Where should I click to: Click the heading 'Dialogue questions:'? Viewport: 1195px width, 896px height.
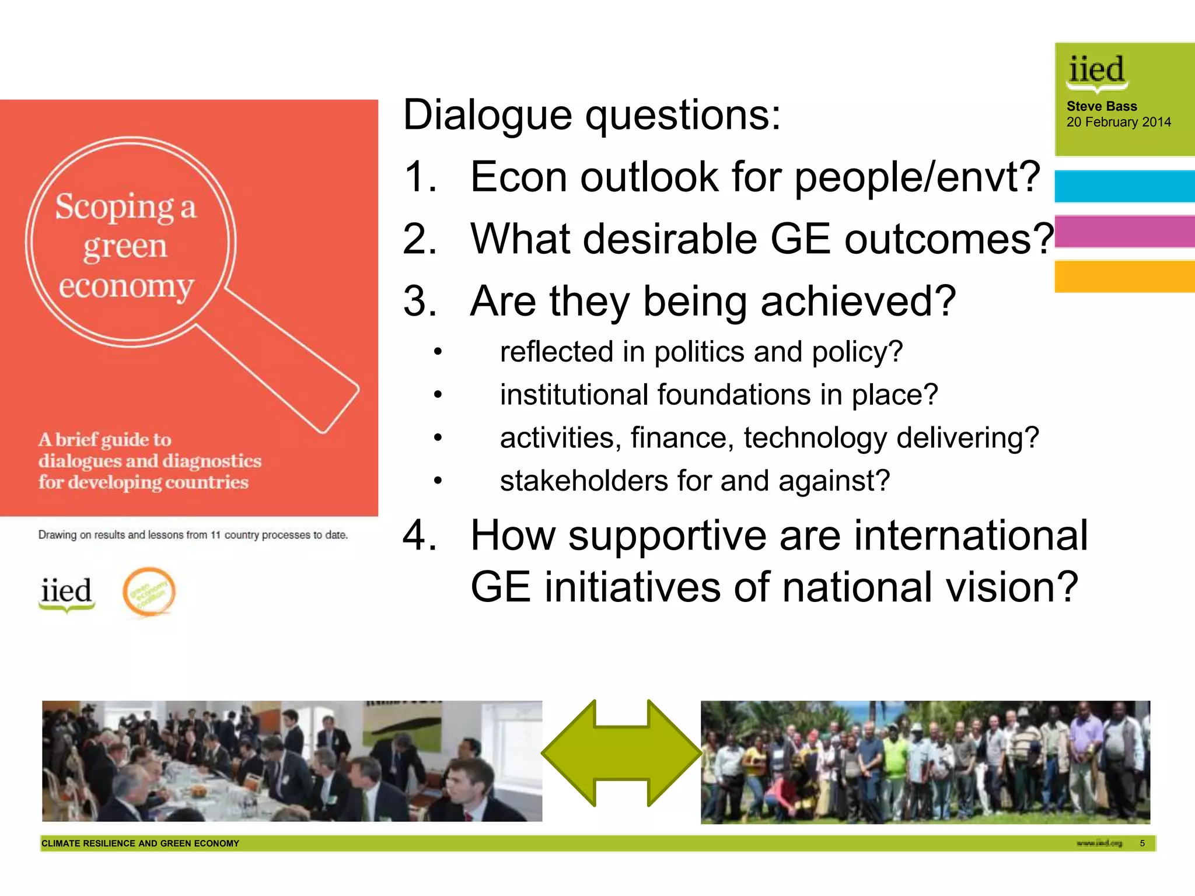click(x=591, y=116)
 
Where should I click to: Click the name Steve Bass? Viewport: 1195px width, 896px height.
click(x=1101, y=106)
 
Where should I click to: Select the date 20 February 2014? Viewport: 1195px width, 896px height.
click(x=1118, y=123)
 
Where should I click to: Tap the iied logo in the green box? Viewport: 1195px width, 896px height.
click(x=1096, y=72)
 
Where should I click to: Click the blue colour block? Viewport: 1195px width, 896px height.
click(x=1124, y=186)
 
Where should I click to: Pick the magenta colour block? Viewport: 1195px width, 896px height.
click(x=1124, y=232)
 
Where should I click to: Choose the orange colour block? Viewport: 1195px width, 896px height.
click(x=1124, y=276)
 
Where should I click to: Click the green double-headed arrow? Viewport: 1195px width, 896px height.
click(x=621, y=752)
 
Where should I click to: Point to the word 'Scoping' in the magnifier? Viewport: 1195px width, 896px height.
click(x=114, y=207)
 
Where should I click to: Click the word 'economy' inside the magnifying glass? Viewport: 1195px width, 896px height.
click(x=126, y=286)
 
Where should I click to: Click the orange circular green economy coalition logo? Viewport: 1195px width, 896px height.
click(x=149, y=591)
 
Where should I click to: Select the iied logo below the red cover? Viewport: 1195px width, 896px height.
click(x=66, y=593)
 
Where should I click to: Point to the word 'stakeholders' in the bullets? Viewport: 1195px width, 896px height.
click(x=583, y=481)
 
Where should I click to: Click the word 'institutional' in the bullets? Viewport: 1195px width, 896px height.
click(x=574, y=395)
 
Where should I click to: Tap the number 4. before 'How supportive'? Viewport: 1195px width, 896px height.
click(x=419, y=535)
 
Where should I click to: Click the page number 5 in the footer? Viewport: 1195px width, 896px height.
click(x=1142, y=843)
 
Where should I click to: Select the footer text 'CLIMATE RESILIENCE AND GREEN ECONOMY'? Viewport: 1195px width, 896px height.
click(x=140, y=843)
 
